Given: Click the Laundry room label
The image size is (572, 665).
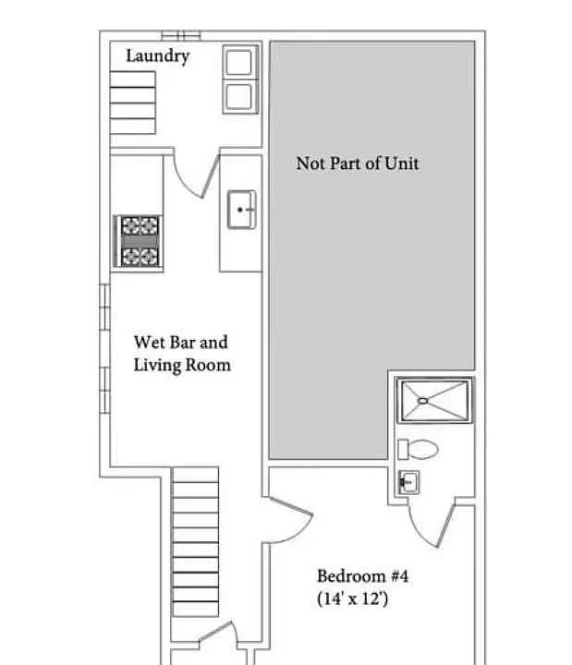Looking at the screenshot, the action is [157, 56].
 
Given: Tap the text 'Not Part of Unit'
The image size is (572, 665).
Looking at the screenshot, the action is [358, 163].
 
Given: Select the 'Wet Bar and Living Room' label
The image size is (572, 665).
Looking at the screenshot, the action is [182, 354].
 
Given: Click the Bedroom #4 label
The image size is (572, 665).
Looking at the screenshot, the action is [362, 576].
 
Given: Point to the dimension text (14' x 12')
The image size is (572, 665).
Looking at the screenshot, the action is [353, 598].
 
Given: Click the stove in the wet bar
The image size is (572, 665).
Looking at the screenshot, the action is [139, 241].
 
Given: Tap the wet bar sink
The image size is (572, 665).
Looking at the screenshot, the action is [241, 210].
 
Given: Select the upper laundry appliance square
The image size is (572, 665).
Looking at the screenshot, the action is [240, 63].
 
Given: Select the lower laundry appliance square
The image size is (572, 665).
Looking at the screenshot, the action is [240, 97].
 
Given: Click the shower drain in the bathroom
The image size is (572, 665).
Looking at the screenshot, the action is [422, 400].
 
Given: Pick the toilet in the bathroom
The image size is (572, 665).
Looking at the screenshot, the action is [418, 450].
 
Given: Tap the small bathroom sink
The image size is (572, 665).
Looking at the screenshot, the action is [408, 482].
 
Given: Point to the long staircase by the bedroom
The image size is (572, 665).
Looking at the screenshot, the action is [195, 541].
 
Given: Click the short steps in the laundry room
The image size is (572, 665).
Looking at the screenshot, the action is [133, 103].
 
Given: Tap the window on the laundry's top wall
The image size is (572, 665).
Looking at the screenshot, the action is [181, 36].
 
